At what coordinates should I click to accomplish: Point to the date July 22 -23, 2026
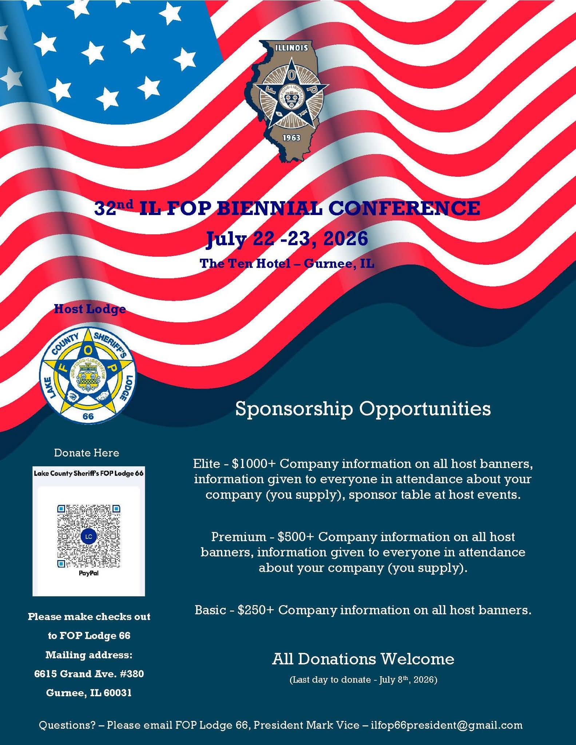coord(287,239)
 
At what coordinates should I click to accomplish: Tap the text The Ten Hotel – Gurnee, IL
coord(287,263)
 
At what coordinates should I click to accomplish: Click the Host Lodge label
coord(90,309)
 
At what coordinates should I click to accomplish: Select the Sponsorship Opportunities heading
coord(363,409)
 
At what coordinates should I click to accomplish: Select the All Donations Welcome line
coord(363,659)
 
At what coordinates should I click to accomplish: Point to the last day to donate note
coord(363,680)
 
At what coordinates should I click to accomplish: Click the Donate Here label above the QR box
coord(87,453)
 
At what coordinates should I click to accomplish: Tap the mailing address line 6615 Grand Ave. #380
coord(89,674)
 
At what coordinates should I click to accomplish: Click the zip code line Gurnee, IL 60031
coord(89,693)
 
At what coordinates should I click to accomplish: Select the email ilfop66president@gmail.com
coord(446,725)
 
